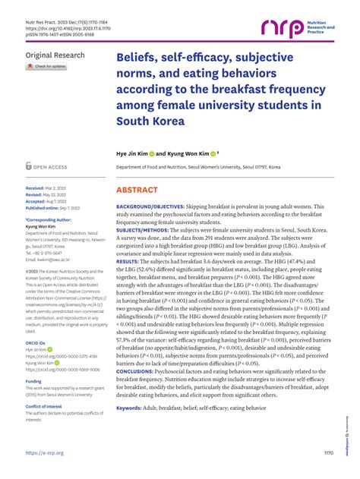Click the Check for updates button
47,67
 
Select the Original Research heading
54,55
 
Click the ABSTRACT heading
136,191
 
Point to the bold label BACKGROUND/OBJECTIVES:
150,206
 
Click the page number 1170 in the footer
328,453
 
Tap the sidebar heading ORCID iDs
36,343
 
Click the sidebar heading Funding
33,382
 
